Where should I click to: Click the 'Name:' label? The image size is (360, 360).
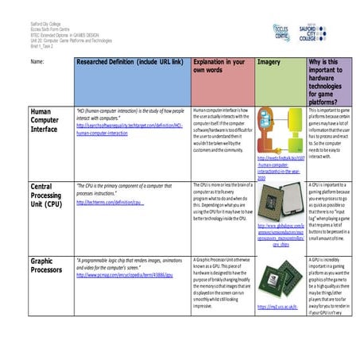tap(37, 61)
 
